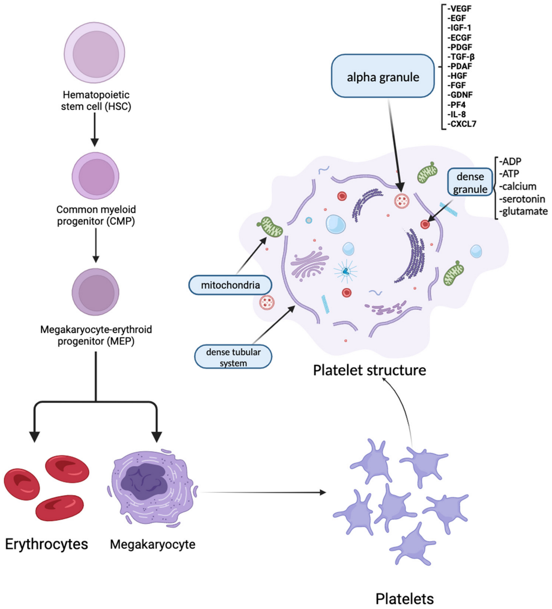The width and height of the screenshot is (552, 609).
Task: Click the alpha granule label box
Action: [383, 76]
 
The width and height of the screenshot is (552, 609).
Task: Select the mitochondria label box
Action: [230, 285]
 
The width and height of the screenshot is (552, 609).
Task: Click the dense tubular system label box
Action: [233, 357]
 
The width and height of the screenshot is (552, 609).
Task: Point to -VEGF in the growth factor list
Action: [459, 9]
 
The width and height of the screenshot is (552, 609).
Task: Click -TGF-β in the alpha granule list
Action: [461, 56]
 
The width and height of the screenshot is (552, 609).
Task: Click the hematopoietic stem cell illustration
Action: [95, 52]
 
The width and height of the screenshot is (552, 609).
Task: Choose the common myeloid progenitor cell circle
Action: [95, 176]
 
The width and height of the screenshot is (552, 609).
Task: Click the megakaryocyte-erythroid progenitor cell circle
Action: [95, 292]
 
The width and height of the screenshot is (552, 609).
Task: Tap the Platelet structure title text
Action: [369, 370]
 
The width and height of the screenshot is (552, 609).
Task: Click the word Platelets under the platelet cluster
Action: [404, 598]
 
